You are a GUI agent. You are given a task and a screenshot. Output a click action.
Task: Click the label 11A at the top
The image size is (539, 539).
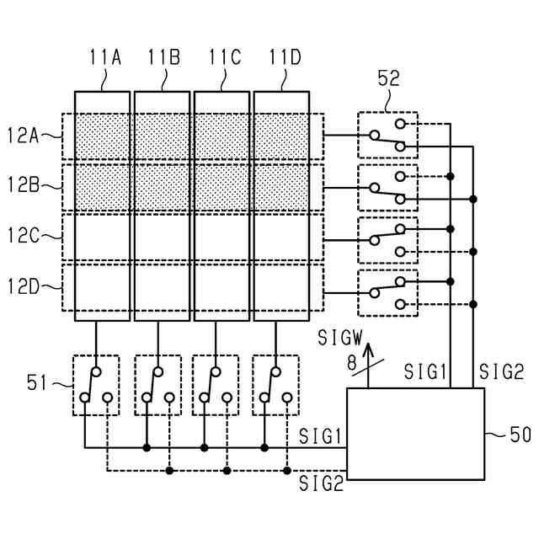click(x=105, y=57)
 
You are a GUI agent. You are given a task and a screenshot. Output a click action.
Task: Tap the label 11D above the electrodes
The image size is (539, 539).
click(x=285, y=57)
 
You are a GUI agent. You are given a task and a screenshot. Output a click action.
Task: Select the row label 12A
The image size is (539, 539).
click(x=23, y=135)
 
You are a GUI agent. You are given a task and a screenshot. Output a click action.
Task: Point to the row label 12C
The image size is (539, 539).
click(x=23, y=235)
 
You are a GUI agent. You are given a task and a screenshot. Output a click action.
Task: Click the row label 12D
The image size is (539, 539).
click(x=23, y=286)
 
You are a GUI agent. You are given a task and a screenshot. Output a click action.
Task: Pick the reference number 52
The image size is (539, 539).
click(x=389, y=78)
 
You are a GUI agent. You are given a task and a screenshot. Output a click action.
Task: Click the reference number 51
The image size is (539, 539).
click(x=36, y=382)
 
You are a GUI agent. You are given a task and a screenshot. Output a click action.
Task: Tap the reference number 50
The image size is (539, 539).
click(x=520, y=435)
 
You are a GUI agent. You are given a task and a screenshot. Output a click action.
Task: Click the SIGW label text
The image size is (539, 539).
click(x=340, y=338)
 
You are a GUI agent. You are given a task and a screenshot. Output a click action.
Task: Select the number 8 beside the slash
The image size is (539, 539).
click(x=352, y=362)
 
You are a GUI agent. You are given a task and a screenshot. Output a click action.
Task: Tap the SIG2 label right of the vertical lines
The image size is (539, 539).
click(x=502, y=371)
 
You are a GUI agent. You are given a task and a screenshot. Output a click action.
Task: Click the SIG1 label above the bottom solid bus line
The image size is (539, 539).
click(x=320, y=436)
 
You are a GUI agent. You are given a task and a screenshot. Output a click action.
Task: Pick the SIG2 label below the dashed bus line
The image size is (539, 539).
click(x=322, y=483)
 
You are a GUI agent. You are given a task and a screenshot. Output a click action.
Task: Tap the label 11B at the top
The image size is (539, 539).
click(x=164, y=57)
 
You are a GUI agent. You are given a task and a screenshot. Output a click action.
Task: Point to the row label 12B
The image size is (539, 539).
click(x=23, y=185)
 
